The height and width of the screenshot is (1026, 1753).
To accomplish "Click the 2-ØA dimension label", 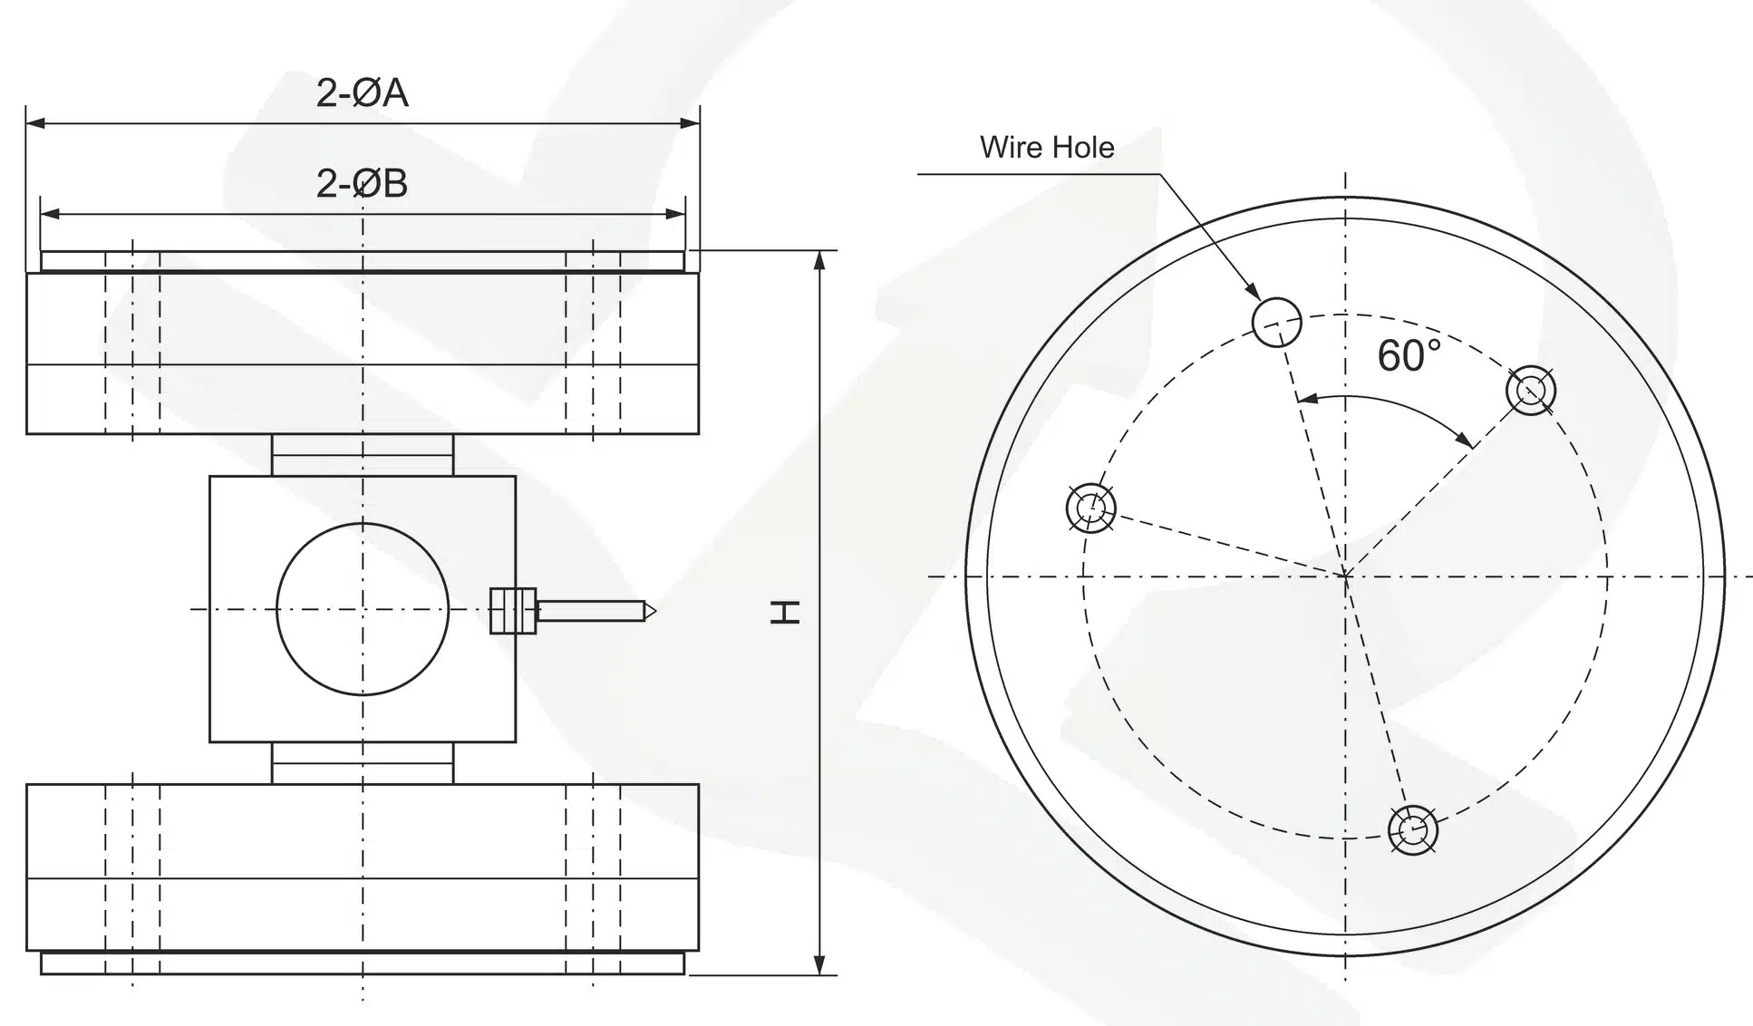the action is (362, 92).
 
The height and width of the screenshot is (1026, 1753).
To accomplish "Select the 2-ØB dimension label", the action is (362, 183).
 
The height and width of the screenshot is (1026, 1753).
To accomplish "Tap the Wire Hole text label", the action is (1047, 147).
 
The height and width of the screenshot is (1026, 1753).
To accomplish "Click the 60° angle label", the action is (1409, 355).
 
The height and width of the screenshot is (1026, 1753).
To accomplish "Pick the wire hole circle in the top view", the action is (1276, 322).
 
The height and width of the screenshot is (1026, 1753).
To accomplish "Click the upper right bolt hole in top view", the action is (1531, 391).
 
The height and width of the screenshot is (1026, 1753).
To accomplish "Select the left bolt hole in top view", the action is (1090, 508).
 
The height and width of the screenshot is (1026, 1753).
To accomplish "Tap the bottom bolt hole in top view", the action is (1413, 829).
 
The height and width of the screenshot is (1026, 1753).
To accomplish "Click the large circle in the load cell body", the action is (363, 609).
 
